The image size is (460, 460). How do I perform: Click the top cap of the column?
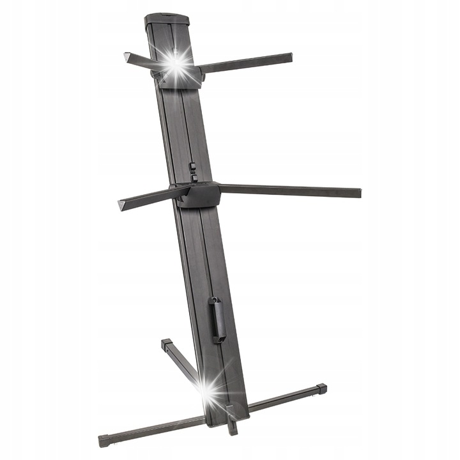coord(167,20)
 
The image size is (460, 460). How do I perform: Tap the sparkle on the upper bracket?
coord(176,63)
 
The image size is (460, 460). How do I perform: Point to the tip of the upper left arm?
coord(128,57)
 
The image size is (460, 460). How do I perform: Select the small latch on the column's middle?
coord(192,170)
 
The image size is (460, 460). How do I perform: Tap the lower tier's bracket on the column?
coord(199,194)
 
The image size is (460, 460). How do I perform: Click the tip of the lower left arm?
coord(122,205)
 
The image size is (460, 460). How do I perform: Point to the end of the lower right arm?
coord(357,192)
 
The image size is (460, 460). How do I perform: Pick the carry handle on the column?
coord(217,319)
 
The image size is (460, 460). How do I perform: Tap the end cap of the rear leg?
coord(166,344)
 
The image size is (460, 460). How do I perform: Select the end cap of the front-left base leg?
coord(103,441)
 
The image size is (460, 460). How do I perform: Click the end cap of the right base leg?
coord(321,388)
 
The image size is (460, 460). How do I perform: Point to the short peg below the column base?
coord(232,426)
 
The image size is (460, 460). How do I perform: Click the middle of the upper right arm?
coord(247,63)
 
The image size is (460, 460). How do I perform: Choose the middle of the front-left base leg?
coord(153,429)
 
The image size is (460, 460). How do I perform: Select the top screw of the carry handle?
coord(213,300)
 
